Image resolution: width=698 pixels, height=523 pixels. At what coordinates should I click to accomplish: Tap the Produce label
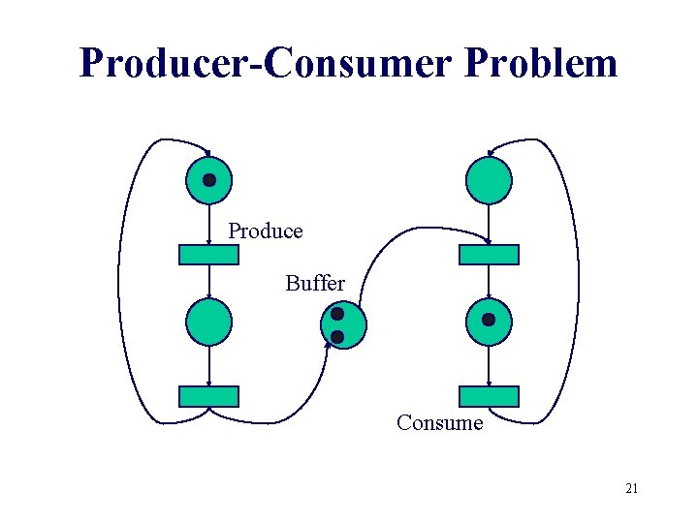pyautogui.click(x=265, y=231)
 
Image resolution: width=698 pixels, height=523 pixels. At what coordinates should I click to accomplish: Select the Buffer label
pyautogui.click(x=314, y=284)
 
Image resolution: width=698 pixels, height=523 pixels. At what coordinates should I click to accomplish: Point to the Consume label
pyautogui.click(x=439, y=423)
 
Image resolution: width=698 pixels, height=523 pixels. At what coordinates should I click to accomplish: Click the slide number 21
pyautogui.click(x=631, y=489)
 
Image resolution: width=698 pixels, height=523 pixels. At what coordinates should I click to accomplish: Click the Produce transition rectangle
pyautogui.click(x=208, y=255)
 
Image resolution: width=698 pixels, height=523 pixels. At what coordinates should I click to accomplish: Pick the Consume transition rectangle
pyautogui.click(x=489, y=396)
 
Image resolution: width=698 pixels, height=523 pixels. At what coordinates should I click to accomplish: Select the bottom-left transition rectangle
pyautogui.click(x=208, y=396)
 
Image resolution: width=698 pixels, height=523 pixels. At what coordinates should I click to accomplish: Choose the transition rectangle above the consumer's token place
pyautogui.click(x=489, y=255)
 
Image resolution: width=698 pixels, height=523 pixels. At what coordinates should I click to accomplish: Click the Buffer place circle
pyautogui.click(x=346, y=323)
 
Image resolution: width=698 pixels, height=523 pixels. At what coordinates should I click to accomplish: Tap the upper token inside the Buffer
pyautogui.click(x=336, y=314)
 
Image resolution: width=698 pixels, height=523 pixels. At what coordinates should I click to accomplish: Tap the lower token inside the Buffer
pyautogui.click(x=337, y=336)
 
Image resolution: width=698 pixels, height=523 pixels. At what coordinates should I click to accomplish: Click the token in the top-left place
pyautogui.click(x=208, y=180)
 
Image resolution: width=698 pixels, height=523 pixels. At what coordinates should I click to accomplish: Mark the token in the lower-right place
pyautogui.click(x=489, y=320)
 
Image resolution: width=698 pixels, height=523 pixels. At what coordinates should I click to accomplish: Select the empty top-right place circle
pyautogui.click(x=489, y=180)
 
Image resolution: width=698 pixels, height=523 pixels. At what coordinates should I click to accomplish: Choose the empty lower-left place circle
pyautogui.click(x=208, y=323)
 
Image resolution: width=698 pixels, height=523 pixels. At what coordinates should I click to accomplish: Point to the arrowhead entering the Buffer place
pyautogui.click(x=328, y=342)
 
